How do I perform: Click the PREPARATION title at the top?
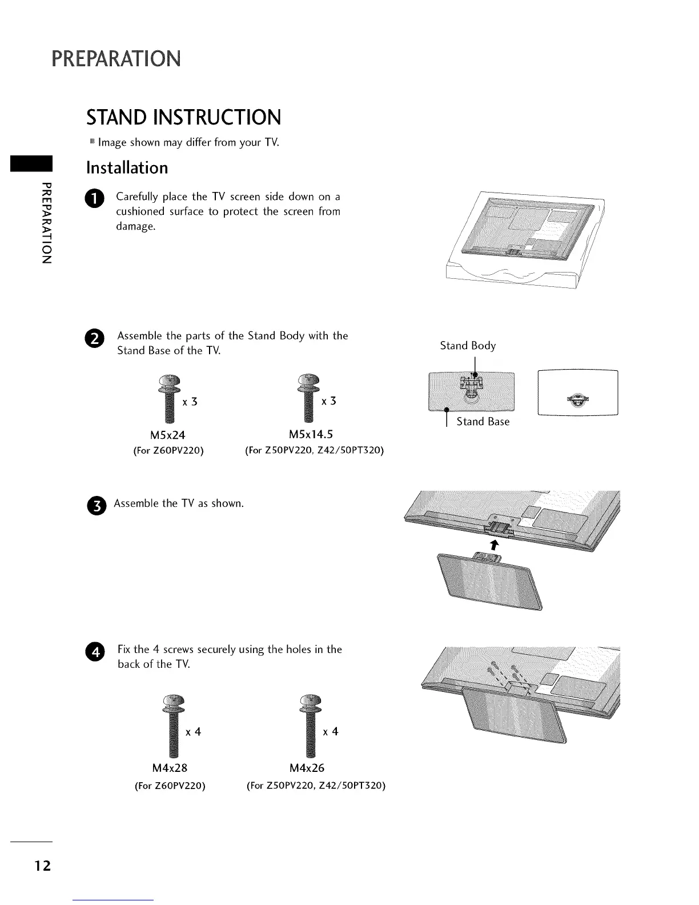pos(116,58)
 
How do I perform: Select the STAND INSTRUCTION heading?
pos(183,117)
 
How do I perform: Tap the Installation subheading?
pos(127,167)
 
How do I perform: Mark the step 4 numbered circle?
pos(95,651)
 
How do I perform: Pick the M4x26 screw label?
pos(307,768)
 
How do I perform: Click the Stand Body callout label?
pos(468,346)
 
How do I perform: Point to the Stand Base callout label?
pos(483,422)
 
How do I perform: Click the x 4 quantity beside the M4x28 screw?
pos(193,732)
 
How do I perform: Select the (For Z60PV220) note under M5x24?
pos(168,450)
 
